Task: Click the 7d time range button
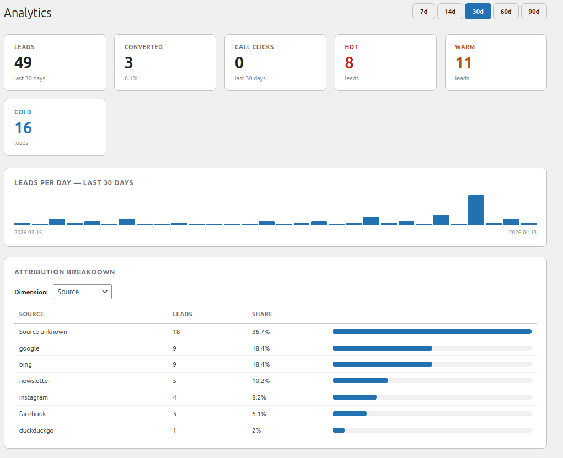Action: (x=423, y=12)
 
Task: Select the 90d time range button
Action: (x=534, y=12)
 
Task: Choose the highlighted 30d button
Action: (x=478, y=12)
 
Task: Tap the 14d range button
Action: (x=450, y=12)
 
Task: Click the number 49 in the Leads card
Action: (x=23, y=63)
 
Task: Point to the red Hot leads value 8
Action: (x=349, y=63)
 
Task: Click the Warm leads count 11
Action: (x=463, y=63)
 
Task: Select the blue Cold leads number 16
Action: (x=23, y=128)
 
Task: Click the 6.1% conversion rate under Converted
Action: (x=131, y=78)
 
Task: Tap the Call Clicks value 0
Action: (x=239, y=63)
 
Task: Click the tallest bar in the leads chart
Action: (x=476, y=210)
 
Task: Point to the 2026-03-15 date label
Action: (x=28, y=232)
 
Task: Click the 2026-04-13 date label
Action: (x=522, y=232)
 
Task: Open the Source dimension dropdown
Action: (x=82, y=292)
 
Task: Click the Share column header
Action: (x=262, y=314)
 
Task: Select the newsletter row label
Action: (x=35, y=381)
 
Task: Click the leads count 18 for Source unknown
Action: (x=176, y=332)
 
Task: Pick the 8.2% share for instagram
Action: (x=259, y=397)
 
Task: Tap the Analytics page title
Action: (x=28, y=13)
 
